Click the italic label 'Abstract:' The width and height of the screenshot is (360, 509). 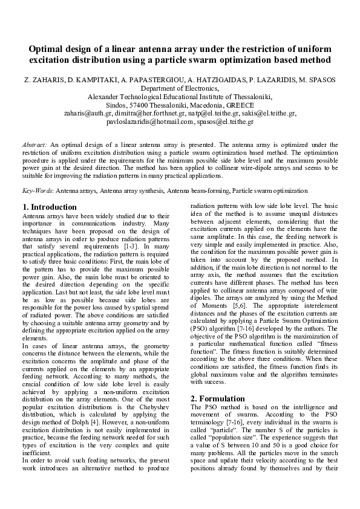pos(34,146)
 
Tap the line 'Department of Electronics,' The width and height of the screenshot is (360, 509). pos(180,88)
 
